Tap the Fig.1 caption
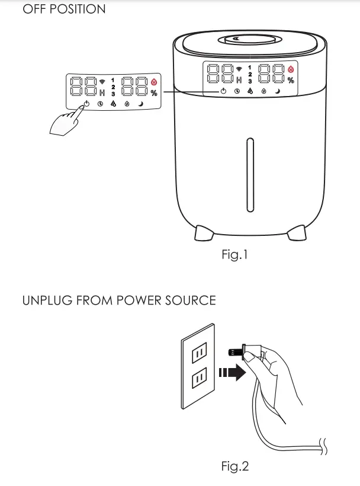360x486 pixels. point(234,255)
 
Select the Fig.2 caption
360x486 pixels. point(234,466)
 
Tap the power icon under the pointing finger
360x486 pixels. point(86,104)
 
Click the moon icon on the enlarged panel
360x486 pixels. point(141,104)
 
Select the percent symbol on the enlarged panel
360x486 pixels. point(154,93)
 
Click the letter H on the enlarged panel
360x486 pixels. point(102,93)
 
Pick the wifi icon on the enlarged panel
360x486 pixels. point(102,80)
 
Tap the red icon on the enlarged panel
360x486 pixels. point(154,81)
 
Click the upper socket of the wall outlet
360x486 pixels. point(200,355)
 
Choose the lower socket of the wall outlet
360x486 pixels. point(200,377)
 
